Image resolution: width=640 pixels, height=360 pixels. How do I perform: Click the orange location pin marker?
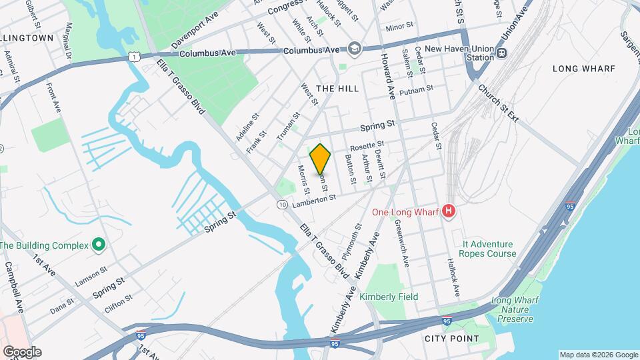click(x=321, y=159)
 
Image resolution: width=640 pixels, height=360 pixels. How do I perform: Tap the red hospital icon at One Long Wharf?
click(x=449, y=212)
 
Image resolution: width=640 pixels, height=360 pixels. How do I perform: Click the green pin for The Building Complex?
click(x=99, y=245)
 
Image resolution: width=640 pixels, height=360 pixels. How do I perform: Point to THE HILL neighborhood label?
click(x=337, y=89)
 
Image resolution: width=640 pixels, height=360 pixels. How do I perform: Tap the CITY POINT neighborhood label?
click(x=452, y=339)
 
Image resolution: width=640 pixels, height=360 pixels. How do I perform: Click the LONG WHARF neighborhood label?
click(x=584, y=69)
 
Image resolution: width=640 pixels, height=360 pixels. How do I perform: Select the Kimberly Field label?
click(x=389, y=297)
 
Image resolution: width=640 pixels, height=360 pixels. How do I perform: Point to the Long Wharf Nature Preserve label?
click(x=513, y=310)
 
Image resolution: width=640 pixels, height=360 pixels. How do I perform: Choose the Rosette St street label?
click(x=367, y=144)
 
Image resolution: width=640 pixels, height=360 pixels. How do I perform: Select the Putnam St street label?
click(x=421, y=88)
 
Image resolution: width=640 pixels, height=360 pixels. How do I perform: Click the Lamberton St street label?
click(x=311, y=198)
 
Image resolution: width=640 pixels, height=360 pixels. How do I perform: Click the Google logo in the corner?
click(x=21, y=352)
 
